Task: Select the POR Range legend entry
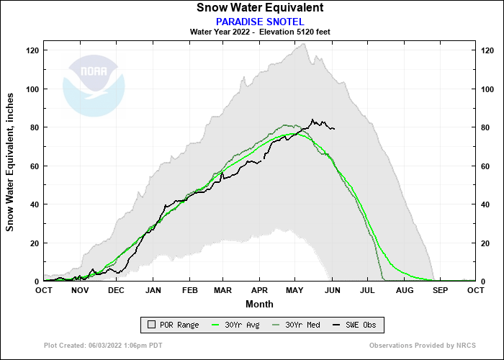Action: coord(171,325)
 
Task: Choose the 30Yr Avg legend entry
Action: coord(237,325)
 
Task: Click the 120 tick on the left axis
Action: coord(32,50)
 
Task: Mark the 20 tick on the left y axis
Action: coord(35,243)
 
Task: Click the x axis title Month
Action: coord(259,304)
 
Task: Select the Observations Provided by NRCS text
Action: coord(422,346)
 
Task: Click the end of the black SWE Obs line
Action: coord(334,129)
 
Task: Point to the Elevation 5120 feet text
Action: coord(292,32)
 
